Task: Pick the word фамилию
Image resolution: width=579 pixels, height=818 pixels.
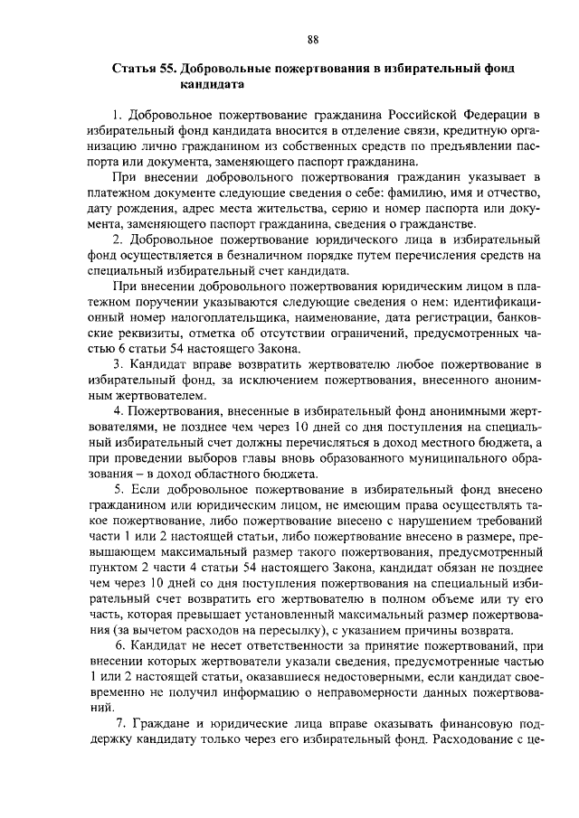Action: coord(389,193)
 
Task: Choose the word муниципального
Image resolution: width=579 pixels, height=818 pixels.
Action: coord(441,459)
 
